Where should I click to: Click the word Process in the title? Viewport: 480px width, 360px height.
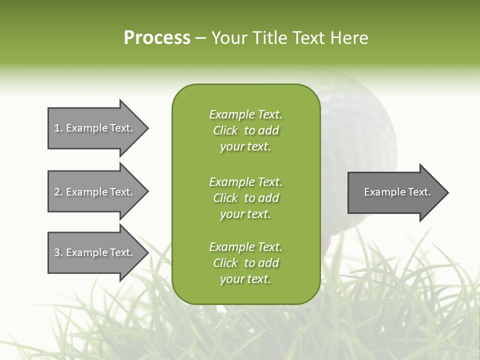[x=157, y=38]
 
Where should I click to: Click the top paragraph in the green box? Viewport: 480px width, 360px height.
[x=245, y=130]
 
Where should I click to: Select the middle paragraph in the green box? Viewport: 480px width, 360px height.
[x=245, y=198]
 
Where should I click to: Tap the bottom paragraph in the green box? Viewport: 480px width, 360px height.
[x=245, y=263]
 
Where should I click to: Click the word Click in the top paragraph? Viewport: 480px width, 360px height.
[x=225, y=130]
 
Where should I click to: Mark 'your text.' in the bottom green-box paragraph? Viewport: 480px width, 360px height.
[x=245, y=279]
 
